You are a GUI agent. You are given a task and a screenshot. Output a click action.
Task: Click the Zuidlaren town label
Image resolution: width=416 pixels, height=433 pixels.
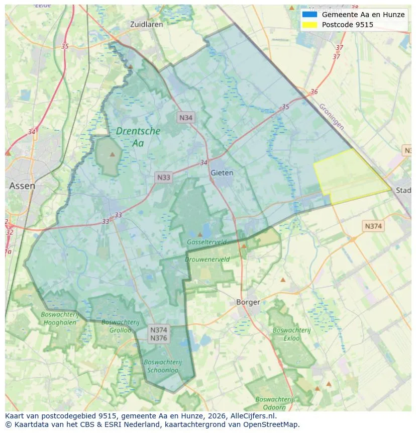coord(146,24)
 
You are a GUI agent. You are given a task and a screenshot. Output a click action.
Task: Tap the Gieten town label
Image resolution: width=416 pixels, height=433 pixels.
coord(222,172)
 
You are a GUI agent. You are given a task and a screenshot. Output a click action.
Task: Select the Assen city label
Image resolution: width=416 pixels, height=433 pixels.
coord(22,186)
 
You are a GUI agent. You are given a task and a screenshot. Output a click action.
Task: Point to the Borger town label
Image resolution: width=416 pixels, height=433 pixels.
coord(248,302)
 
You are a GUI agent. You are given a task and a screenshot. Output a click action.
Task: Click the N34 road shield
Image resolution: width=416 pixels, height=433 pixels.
coord(186,118)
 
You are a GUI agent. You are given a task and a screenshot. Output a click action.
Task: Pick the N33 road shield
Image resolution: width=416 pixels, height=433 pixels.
coord(164,177)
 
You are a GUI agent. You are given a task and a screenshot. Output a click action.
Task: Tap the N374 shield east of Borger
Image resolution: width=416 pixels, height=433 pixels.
coord(373,226)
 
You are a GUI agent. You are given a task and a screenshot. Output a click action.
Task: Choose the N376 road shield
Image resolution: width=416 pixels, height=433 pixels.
coord(159,338)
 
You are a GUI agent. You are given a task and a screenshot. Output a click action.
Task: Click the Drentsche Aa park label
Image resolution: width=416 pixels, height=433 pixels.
coord(138,137)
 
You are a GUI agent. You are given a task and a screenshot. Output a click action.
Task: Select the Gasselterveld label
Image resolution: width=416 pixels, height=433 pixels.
coord(206,242)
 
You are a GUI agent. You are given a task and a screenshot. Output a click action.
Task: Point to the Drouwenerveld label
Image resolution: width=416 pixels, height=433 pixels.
coord(207,259)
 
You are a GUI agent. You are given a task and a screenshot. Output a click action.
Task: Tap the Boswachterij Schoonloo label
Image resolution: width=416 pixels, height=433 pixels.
coord(163,366)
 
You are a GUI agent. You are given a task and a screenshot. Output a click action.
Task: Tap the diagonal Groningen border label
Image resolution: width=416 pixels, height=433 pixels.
coord(332,117)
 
